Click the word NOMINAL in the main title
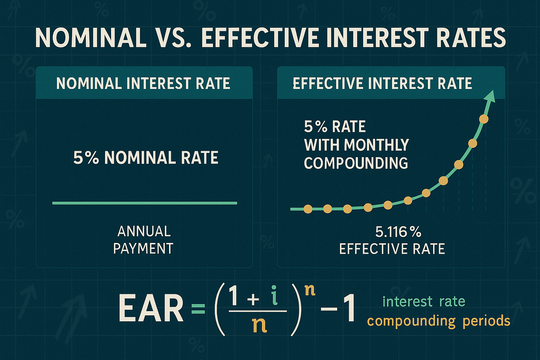pos(91,38)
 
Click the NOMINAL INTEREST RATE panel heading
pos(143,84)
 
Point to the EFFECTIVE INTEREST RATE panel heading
pos(382,84)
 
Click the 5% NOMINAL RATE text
pos(146,158)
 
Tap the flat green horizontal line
pos(144,203)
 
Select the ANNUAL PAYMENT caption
pos(143,240)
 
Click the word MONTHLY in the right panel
pos(376,145)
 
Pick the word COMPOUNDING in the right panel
pos(356,163)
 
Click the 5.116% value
pos(398,232)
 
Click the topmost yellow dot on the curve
pos(484,119)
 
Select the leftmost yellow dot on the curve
pos(308,209)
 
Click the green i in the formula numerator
pos(275,296)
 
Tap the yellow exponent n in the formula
pos(309,290)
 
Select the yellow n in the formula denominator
pos(259,326)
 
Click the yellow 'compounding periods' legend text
pos(438,321)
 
